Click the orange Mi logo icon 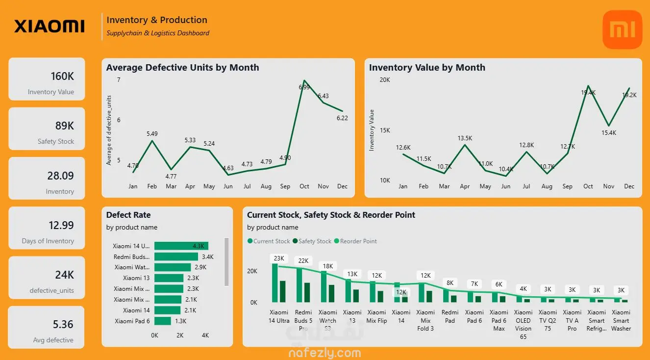pos(622,29)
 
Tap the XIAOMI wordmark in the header pos(49,26)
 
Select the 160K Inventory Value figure pos(62,77)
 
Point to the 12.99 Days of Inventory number pos(61,226)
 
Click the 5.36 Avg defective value pos(63,324)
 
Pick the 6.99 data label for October pos(304,87)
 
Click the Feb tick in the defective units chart pos(152,186)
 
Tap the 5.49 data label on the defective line pos(152,133)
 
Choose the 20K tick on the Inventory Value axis pos(384,79)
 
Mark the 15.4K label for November pos(608,133)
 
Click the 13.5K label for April pos(465,138)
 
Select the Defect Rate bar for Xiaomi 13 pos(169,278)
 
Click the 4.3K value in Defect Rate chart pos(199,246)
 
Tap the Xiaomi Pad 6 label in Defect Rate pos(132,321)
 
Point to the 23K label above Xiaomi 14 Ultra pos(279,258)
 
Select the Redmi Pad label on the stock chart pos(450,316)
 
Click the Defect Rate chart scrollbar pos(226,262)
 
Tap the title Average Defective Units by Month pos(182,68)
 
